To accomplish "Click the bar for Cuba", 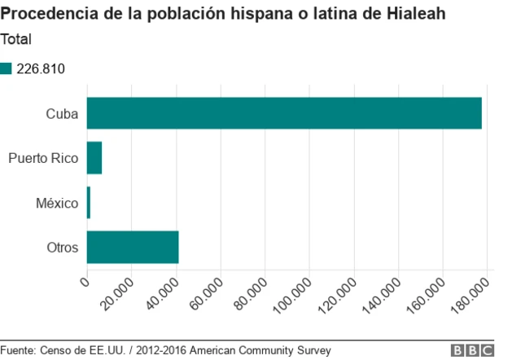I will click(284, 113).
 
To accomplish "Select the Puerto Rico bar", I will click(94, 158).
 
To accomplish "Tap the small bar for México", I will click(88, 203).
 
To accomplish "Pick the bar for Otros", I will click(132, 247).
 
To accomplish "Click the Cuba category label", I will click(62, 114).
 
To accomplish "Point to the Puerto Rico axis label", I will click(43, 158).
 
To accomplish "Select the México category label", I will click(57, 203).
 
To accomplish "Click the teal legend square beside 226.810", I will click(7, 68).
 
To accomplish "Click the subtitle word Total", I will click(18, 38).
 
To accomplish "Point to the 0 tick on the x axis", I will click(85, 283).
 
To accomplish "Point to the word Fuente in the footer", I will click(19, 350).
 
